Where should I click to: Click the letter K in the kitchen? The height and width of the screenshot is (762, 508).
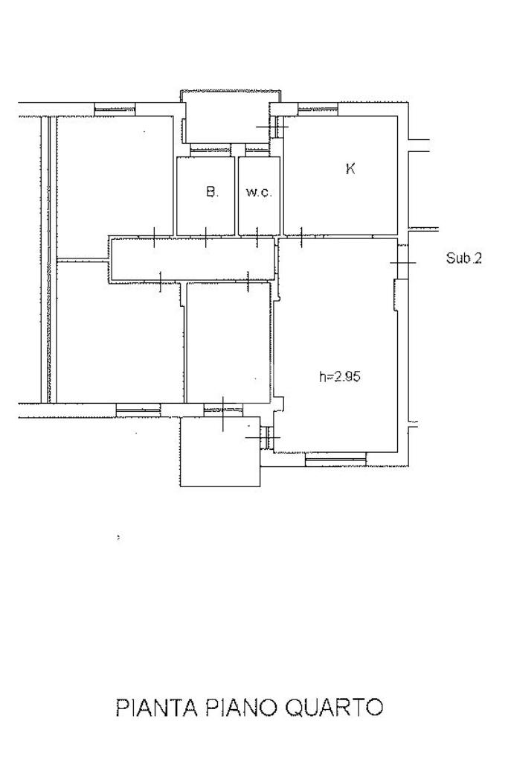[350, 168]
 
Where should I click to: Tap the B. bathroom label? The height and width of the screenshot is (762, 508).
[212, 191]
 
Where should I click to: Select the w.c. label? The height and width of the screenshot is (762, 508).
[259, 192]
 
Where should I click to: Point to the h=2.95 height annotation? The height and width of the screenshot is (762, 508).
[340, 377]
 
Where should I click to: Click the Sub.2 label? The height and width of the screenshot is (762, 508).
[464, 258]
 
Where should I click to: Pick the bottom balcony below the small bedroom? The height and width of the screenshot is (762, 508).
[221, 452]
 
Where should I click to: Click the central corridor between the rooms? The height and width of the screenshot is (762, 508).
[193, 259]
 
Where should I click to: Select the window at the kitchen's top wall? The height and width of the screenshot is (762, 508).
[318, 109]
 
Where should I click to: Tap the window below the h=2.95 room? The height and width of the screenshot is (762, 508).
[335, 459]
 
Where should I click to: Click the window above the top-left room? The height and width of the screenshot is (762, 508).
[115, 109]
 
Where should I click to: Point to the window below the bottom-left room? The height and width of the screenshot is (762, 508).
[138, 410]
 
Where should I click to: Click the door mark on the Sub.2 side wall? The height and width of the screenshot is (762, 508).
[402, 263]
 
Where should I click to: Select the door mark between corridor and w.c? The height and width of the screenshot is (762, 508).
[257, 237]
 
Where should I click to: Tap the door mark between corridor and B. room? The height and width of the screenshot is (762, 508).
[206, 237]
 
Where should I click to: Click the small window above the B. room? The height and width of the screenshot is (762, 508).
[210, 150]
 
